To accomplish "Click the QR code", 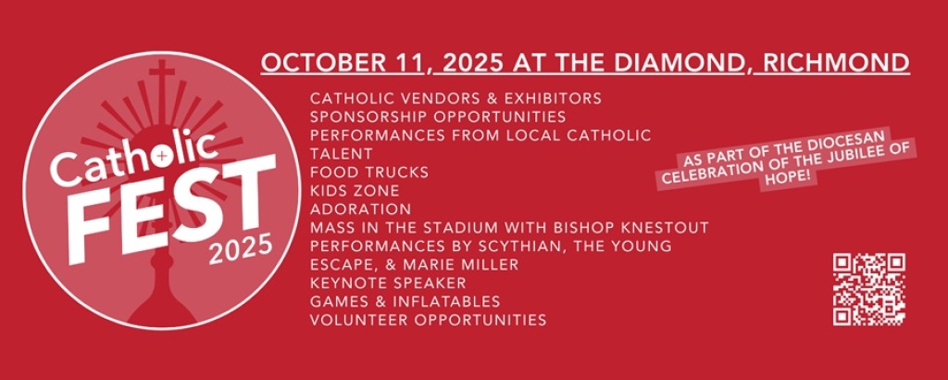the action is [x=868, y=289].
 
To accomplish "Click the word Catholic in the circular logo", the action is [x=134, y=157].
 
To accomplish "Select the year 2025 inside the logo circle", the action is [x=241, y=248].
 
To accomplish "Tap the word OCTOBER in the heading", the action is [x=319, y=63].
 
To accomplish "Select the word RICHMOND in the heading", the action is [x=836, y=63].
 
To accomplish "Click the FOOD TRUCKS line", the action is [x=369, y=172].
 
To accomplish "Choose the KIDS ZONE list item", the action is [x=355, y=191].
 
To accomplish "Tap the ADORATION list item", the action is [x=360, y=209].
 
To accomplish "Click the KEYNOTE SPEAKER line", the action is [x=388, y=283].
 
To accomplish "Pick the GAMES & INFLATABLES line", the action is [x=405, y=301].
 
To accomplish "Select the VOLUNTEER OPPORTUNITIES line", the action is [x=428, y=320].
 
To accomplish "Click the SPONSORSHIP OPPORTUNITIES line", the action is [x=438, y=116].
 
